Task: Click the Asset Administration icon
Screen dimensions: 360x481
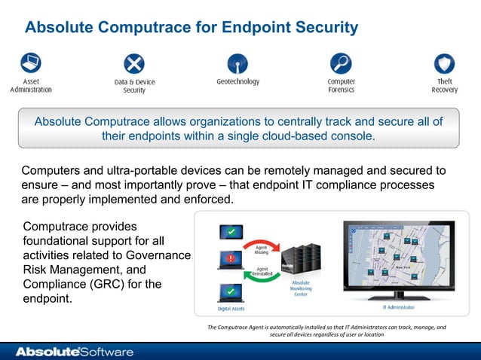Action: coord(31,63)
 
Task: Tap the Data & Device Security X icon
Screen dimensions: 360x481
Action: coord(134,63)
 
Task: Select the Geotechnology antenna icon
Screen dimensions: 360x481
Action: coord(237,63)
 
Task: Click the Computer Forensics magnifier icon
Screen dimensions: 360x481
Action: coord(341,63)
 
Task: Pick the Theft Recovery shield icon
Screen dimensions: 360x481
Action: coord(444,63)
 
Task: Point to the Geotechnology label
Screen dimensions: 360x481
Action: coord(237,81)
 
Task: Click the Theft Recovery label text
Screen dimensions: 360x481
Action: coord(444,85)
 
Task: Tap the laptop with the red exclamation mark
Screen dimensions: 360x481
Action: coord(229,261)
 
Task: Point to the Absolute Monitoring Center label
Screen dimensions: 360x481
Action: coord(300,289)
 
